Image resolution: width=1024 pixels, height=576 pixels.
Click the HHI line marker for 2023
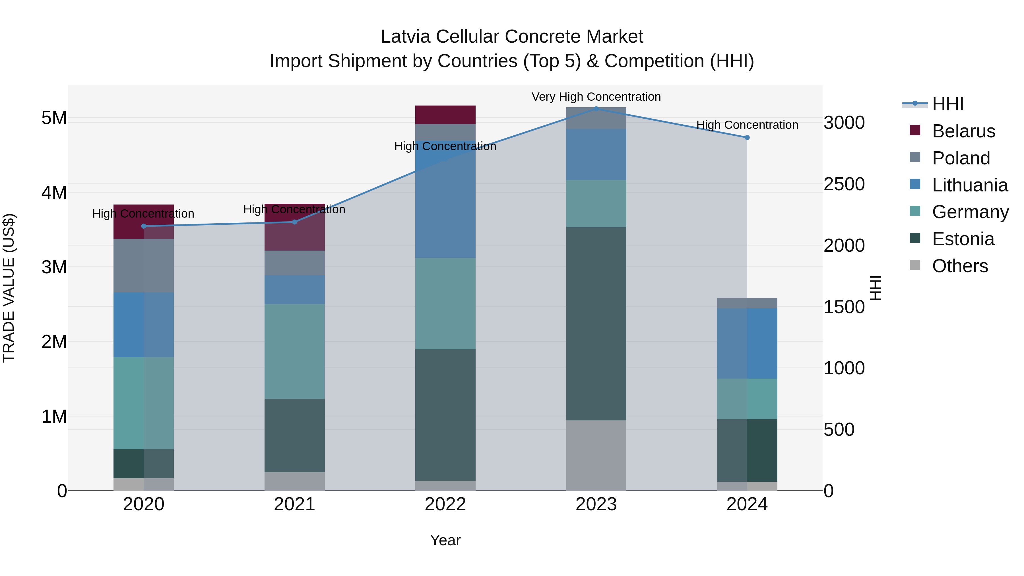tap(596, 109)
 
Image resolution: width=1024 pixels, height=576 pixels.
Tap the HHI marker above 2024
tap(747, 138)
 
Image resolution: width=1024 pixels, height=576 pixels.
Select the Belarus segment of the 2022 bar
tap(445, 115)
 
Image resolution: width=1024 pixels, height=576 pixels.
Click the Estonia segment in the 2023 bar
tap(596, 324)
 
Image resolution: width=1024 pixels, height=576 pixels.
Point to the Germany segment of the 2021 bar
tap(295, 351)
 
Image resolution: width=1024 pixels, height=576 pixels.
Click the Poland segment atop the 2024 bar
tap(747, 303)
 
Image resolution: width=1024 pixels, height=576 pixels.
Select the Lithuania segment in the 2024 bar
tap(747, 343)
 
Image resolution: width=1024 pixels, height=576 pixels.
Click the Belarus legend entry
tap(963, 131)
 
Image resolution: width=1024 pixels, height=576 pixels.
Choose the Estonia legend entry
tap(963, 239)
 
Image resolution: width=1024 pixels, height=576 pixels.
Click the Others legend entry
tap(960, 266)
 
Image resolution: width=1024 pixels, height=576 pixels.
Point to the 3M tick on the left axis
tap(54, 267)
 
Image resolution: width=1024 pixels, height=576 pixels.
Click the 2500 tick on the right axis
tap(844, 184)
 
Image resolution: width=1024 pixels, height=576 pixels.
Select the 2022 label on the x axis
tap(445, 504)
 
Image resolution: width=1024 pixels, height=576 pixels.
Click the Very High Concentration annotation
tap(596, 97)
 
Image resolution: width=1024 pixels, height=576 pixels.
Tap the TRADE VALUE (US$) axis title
tap(9, 288)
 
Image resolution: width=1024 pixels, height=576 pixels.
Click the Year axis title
tap(445, 540)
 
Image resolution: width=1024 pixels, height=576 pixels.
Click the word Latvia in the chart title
tap(405, 37)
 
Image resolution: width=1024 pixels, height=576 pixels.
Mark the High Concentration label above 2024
tap(747, 125)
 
